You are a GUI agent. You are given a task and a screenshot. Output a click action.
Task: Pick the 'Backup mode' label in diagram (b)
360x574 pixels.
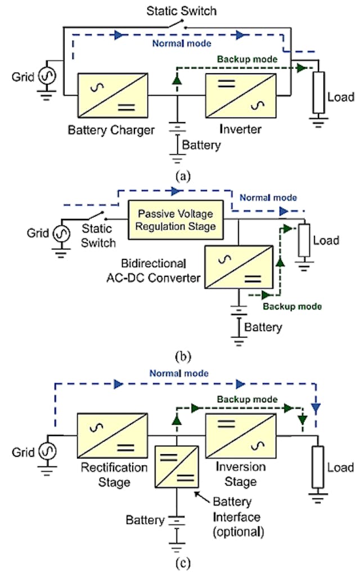click(x=292, y=306)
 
